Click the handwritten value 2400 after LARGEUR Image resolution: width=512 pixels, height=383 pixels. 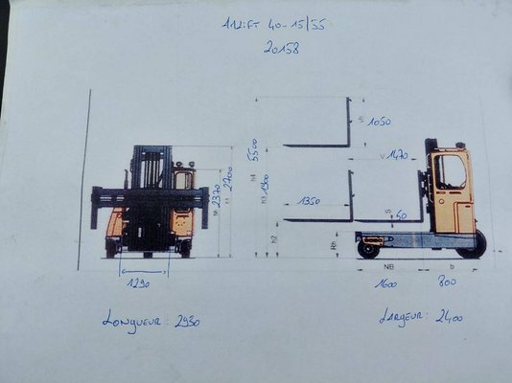[449, 315]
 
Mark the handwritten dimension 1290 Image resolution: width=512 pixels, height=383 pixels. [141, 284]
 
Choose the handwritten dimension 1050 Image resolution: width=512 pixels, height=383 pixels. [378, 122]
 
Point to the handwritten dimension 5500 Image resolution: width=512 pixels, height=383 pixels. [254, 150]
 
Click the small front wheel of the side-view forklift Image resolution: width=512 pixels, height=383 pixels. [367, 250]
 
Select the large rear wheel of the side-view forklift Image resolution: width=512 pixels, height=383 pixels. [472, 245]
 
